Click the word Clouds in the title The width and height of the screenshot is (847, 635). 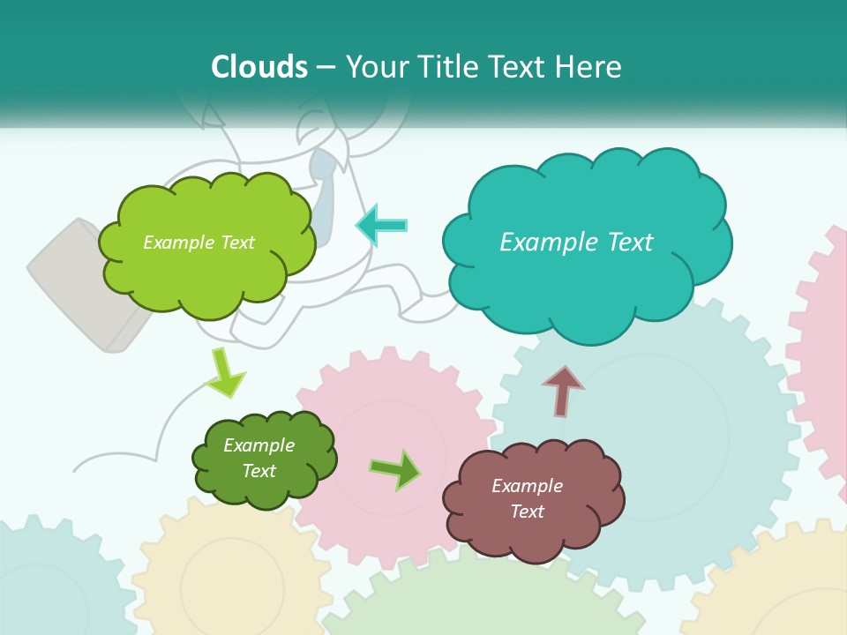click(259, 67)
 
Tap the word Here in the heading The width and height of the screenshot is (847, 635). click(591, 67)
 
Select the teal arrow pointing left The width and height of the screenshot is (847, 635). click(381, 225)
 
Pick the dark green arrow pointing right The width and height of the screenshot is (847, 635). click(395, 470)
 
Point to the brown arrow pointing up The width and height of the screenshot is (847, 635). click(562, 391)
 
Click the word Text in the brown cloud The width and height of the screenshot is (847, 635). click(527, 512)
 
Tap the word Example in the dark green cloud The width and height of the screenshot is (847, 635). click(259, 445)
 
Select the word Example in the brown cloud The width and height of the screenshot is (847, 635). click(527, 486)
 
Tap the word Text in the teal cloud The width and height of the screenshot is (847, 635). click(629, 242)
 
